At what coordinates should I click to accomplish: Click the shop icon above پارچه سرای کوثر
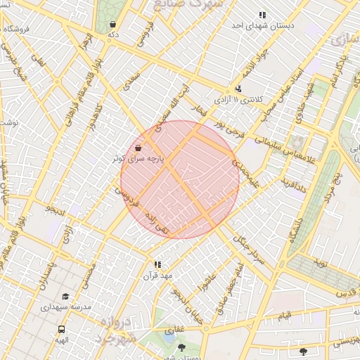(x=138, y=148)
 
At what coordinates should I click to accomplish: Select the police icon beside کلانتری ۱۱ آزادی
(x=239, y=89)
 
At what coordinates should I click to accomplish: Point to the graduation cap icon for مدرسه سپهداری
(x=65, y=297)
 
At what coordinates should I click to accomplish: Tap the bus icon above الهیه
(x=63, y=329)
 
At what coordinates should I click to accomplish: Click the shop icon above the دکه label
(x=112, y=24)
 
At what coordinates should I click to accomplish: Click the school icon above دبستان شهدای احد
(x=262, y=14)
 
